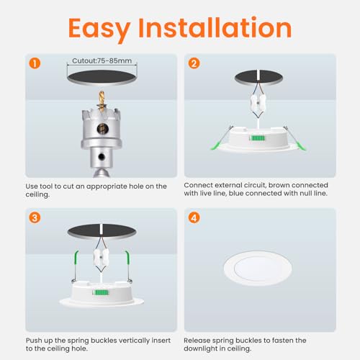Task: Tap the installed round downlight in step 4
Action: point(258,266)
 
